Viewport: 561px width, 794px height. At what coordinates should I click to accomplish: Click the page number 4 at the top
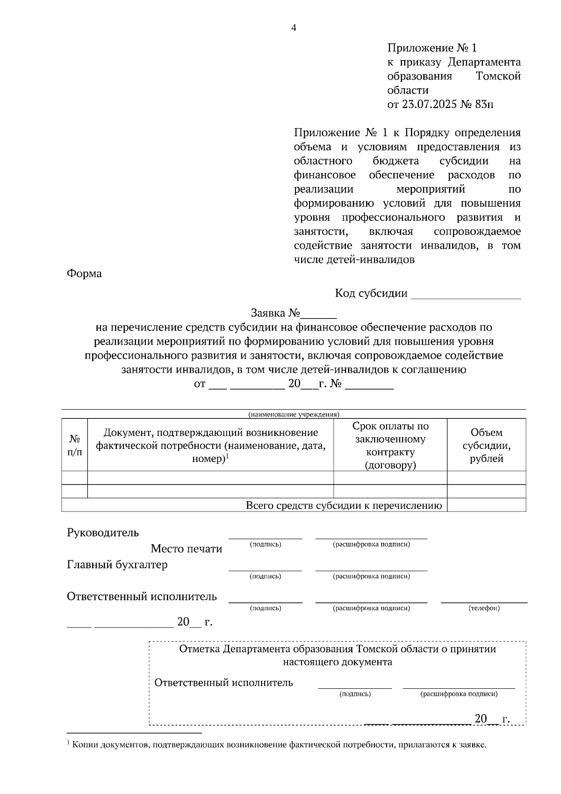click(x=294, y=28)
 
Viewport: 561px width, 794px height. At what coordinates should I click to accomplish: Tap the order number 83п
click(x=484, y=104)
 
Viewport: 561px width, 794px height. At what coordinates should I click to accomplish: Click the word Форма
click(x=84, y=274)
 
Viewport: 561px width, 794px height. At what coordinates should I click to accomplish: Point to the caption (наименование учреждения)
click(x=294, y=414)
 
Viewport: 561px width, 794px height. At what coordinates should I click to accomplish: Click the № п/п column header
click(x=75, y=445)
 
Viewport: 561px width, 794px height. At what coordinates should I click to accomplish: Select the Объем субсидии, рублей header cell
click(x=486, y=445)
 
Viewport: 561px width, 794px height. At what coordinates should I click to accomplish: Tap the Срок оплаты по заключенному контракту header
click(x=390, y=445)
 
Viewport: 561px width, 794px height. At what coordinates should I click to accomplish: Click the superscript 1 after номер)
click(x=227, y=456)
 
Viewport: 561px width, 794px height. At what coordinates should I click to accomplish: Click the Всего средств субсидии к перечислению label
click(x=344, y=505)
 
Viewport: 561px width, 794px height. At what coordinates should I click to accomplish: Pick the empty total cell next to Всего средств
click(x=486, y=505)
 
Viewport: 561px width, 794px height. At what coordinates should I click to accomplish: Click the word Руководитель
click(x=103, y=533)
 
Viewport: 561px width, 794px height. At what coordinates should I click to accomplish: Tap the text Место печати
click(x=187, y=549)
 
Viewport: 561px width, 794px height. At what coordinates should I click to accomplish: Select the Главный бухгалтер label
click(x=117, y=565)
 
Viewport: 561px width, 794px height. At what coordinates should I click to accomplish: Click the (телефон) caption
click(x=484, y=608)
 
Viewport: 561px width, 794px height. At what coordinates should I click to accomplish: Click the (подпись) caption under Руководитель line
click(x=266, y=544)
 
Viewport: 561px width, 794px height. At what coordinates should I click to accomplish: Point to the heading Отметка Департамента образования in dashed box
click(x=337, y=649)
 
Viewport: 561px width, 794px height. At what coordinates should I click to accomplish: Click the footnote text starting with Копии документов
click(x=279, y=745)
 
